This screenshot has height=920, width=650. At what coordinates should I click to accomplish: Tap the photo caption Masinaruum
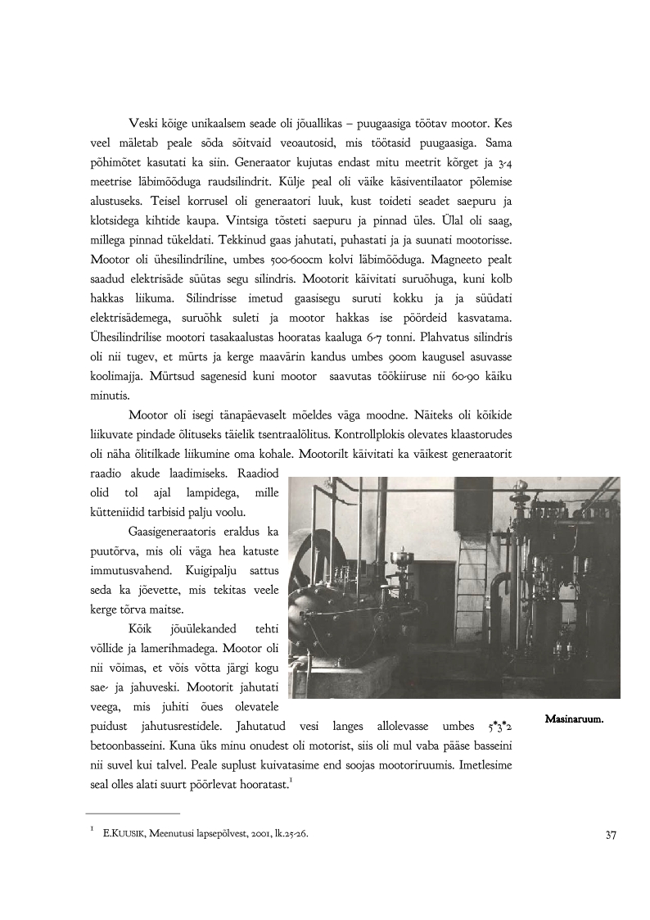[574, 719]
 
